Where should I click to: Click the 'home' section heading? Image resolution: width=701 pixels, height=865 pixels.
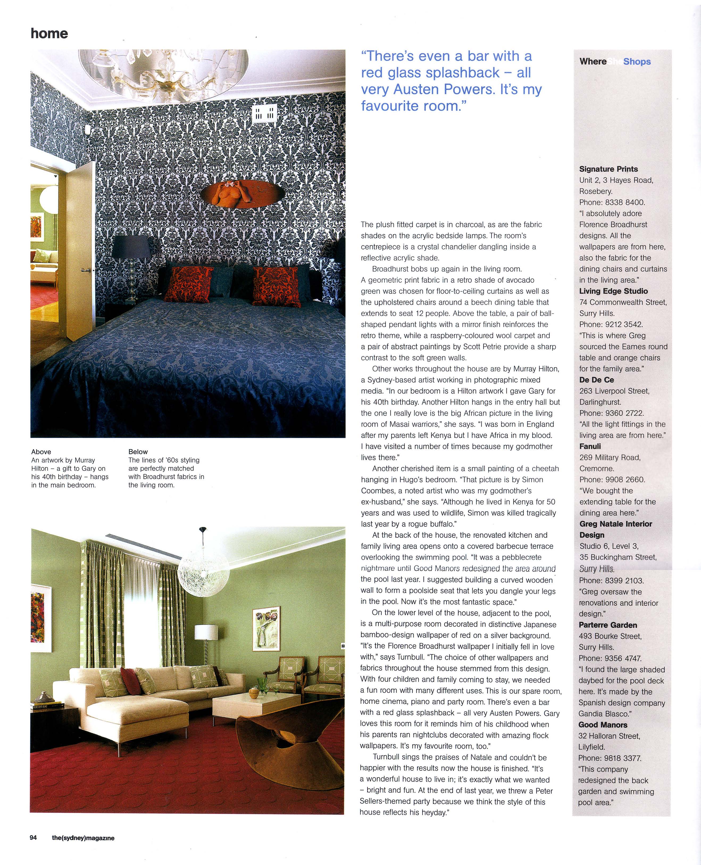(49, 33)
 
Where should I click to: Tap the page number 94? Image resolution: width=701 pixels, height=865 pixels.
(33, 838)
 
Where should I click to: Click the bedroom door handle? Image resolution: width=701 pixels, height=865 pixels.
(85, 270)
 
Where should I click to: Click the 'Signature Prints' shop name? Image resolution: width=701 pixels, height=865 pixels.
(608, 169)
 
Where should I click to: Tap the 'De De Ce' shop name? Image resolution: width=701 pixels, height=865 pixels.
(596, 380)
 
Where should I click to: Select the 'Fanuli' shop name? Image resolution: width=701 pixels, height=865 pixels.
(590, 446)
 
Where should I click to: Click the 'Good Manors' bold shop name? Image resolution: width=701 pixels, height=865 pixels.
(603, 725)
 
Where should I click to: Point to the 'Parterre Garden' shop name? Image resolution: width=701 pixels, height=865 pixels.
(608, 625)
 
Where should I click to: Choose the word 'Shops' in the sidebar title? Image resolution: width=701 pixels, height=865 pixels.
(637, 62)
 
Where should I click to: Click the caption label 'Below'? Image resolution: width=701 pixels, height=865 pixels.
(138, 452)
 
